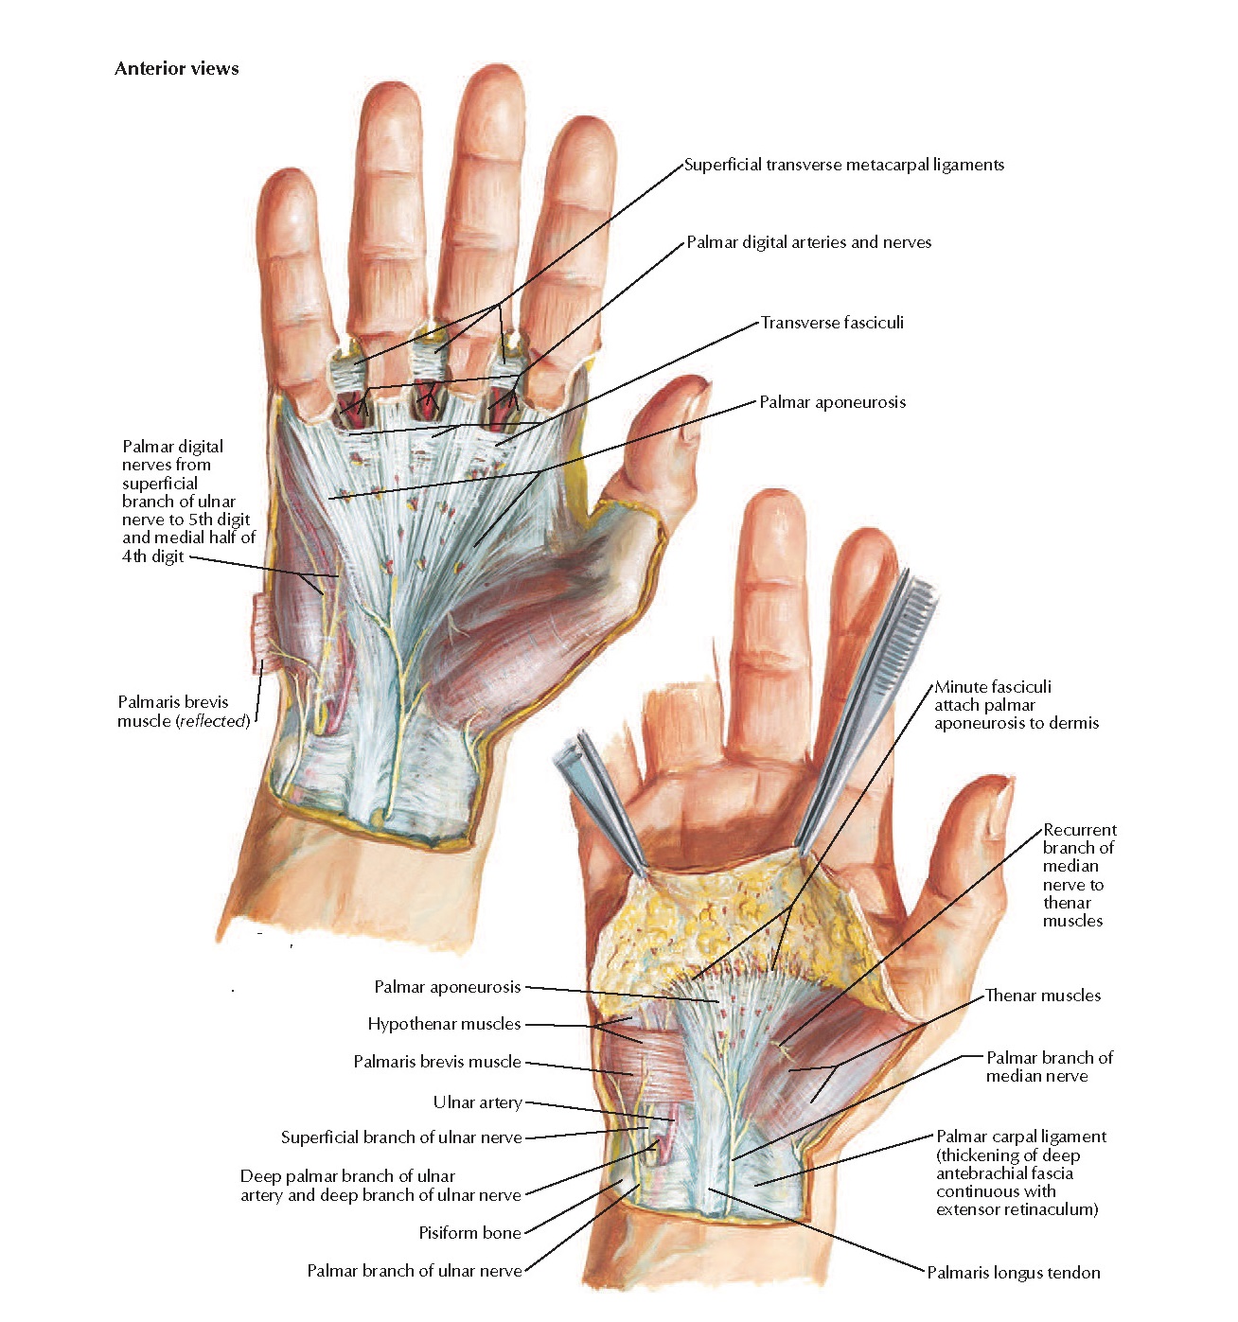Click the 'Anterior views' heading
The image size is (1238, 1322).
click(x=176, y=68)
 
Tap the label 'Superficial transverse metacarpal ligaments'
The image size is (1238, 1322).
click(x=843, y=165)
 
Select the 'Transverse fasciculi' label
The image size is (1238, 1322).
click(x=832, y=323)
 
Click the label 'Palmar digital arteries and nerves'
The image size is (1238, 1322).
click(x=808, y=242)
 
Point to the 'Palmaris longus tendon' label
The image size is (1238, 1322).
click(x=1013, y=1273)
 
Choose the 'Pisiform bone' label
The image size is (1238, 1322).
click(x=469, y=1233)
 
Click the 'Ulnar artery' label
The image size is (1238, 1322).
click(x=477, y=1102)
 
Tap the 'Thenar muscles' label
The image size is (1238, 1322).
click(x=1042, y=996)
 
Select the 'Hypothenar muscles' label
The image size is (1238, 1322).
click(x=444, y=1024)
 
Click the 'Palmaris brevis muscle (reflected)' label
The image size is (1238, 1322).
click(x=183, y=712)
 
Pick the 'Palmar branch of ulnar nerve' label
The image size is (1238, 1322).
click(x=414, y=1271)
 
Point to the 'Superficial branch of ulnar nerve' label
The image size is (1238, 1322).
click(x=400, y=1137)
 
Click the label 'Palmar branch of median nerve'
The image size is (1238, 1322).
click(x=1049, y=1066)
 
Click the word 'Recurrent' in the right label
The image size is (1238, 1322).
click(x=1079, y=830)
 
